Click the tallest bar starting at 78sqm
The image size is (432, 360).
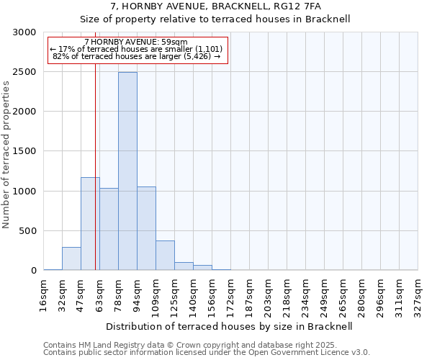point(127,171)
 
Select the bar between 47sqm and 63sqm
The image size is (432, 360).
point(90,223)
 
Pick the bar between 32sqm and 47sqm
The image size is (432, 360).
point(71,258)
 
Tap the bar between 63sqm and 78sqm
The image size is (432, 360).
point(109,229)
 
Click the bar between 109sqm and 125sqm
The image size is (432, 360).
point(165,256)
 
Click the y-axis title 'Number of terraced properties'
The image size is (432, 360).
point(6,154)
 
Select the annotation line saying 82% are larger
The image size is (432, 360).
point(137,55)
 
